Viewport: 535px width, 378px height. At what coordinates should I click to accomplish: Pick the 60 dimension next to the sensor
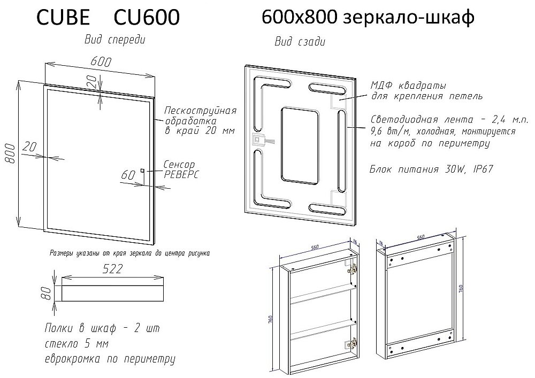(129, 174)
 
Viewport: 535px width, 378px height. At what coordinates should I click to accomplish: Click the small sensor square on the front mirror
(142, 171)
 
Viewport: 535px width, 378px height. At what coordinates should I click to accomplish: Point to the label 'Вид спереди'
(114, 40)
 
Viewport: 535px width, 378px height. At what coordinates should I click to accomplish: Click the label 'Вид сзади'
(300, 42)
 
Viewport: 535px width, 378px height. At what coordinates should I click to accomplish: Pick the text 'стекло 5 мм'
(78, 343)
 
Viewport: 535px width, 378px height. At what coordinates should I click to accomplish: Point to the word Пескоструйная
(200, 111)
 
